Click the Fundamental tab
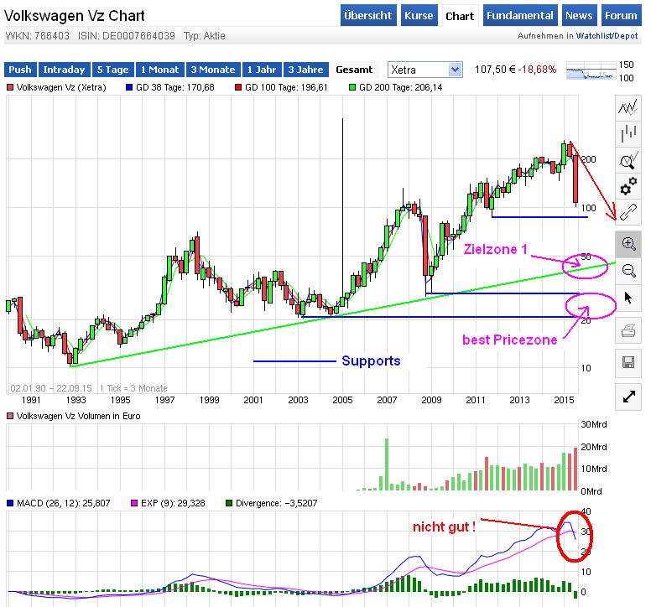click(520, 16)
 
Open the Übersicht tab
click(367, 16)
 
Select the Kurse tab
click(419, 16)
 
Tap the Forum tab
click(621, 16)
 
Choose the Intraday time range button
click(63, 70)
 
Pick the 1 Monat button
click(160, 70)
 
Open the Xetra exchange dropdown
click(424, 70)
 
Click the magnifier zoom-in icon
click(628, 243)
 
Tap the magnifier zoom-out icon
click(628, 270)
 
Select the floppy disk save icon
click(628, 362)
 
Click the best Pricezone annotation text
click(509, 340)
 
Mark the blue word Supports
click(371, 361)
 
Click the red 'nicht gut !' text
click(444, 527)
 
